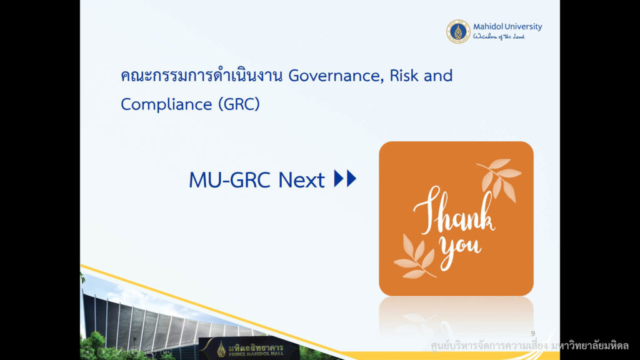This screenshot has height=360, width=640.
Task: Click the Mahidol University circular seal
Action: click(x=458, y=31)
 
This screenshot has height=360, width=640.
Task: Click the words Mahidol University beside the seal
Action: click(x=507, y=26)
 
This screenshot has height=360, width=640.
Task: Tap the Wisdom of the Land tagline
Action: click(x=499, y=37)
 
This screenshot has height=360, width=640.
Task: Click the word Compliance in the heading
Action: click(x=166, y=104)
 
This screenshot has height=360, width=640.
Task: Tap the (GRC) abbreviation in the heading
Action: click(x=239, y=104)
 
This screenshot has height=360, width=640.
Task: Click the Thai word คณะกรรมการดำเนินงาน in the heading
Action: click(x=202, y=76)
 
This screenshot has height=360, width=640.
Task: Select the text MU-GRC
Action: click(x=229, y=179)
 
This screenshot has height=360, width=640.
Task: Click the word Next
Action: click(x=301, y=180)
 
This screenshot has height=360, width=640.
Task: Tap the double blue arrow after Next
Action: click(x=345, y=178)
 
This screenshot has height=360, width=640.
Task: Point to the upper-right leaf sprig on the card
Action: click(x=499, y=178)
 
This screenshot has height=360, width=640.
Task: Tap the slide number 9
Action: click(x=532, y=334)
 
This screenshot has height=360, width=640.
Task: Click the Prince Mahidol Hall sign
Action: click(x=249, y=349)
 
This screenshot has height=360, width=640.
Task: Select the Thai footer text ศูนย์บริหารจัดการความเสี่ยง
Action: click(x=489, y=346)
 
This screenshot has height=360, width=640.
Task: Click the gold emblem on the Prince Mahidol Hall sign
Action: click(x=221, y=349)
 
